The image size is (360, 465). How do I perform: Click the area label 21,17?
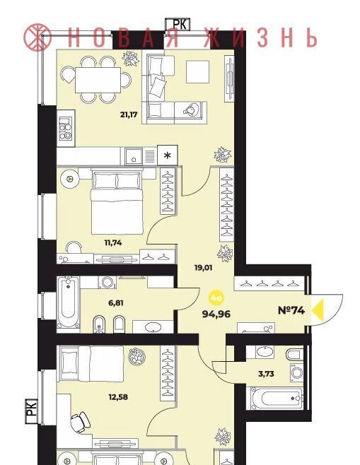pos(129,114)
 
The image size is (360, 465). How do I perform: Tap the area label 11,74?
pos(112,243)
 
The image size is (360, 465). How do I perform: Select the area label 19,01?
pos(203,268)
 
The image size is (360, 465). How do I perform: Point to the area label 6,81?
pos(116,303)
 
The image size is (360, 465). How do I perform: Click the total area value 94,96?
pos(216,314)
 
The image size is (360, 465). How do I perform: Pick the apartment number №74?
pos(291,310)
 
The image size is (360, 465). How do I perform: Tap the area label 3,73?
pos(266,374)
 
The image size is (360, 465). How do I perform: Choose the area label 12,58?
pos(118,396)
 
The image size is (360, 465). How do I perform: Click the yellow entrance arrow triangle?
pos(318,310)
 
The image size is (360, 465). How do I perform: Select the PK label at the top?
pos(178,24)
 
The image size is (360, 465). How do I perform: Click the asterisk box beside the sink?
pos(168,155)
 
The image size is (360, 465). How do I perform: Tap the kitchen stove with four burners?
pos(66,128)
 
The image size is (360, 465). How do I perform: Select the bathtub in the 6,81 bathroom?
pos(69,302)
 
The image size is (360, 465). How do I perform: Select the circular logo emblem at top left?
pos(37,37)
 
